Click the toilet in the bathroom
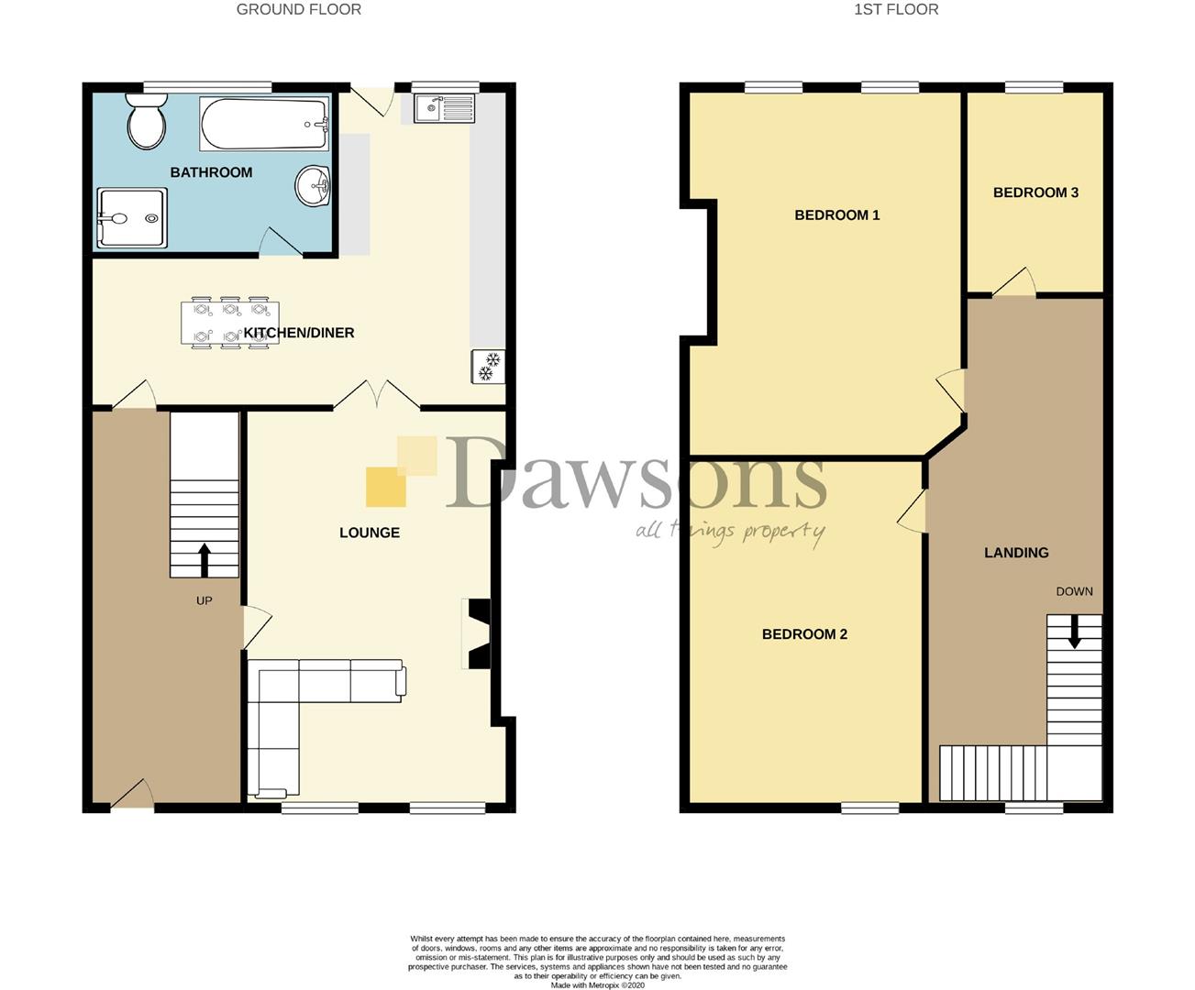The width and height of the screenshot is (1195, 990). point(147,121)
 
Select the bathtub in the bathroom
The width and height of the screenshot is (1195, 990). point(264,124)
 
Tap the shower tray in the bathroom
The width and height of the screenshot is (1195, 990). point(132,218)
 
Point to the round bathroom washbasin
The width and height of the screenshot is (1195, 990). point(313,185)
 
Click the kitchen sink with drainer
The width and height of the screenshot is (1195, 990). point(445,109)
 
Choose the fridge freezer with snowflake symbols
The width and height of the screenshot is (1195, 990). point(488,366)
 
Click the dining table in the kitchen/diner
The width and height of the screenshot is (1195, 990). point(230,323)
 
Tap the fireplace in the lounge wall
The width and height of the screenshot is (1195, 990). point(480,633)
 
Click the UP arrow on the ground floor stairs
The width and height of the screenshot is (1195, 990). point(205,560)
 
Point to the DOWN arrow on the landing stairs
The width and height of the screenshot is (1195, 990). point(1074,632)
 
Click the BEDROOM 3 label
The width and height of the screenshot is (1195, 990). point(1035,192)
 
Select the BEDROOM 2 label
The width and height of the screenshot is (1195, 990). point(804,633)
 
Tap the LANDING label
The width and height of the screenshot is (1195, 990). point(1016,553)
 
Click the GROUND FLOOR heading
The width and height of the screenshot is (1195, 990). point(299,10)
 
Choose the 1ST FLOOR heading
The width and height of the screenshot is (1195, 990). point(896,10)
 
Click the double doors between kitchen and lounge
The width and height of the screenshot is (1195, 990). point(377,395)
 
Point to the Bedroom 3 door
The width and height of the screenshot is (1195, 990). point(1014,282)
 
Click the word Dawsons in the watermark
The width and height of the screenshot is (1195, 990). point(636,472)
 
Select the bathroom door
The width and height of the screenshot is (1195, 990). point(281,241)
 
